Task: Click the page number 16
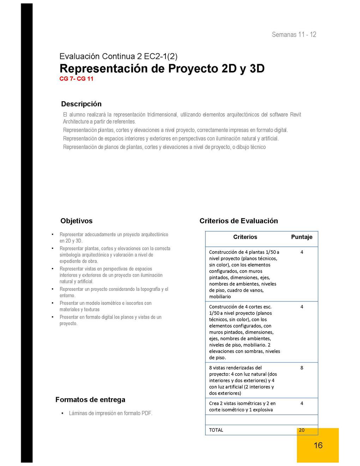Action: click(x=318, y=445)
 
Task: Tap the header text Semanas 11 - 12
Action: click(x=294, y=35)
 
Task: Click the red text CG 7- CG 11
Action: click(x=76, y=79)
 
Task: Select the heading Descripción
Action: click(x=81, y=104)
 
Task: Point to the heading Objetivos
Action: click(x=76, y=221)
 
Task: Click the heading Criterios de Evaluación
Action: click(x=239, y=221)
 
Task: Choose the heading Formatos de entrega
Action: click(x=90, y=400)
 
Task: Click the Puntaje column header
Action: click(x=301, y=237)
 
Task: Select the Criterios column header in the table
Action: click(x=245, y=237)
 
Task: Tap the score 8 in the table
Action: click(x=302, y=368)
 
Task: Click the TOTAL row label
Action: click(x=216, y=430)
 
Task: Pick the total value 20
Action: click(x=301, y=430)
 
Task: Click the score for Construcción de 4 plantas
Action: click(x=302, y=252)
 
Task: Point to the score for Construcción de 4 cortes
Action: click(x=302, y=307)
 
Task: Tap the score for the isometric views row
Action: click(x=302, y=403)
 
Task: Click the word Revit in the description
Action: click(x=295, y=115)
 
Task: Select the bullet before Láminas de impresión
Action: click(x=62, y=413)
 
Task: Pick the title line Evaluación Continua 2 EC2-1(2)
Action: click(x=118, y=56)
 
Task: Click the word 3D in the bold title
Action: click(x=257, y=68)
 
